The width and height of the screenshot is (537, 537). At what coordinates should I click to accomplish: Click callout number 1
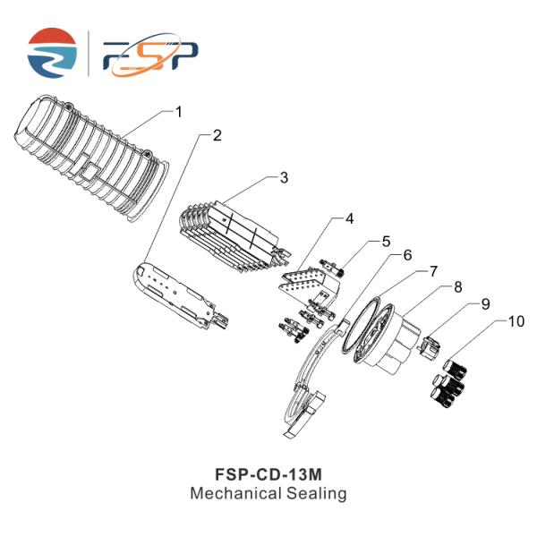(x=179, y=112)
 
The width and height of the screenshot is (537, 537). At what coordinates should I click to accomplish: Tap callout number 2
(x=217, y=136)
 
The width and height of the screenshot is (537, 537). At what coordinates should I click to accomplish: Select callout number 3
(x=284, y=178)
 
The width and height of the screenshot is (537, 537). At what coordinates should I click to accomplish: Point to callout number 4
(x=349, y=218)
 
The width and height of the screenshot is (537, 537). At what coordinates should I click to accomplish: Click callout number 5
(x=386, y=242)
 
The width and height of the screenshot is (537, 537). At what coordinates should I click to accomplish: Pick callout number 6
(x=407, y=255)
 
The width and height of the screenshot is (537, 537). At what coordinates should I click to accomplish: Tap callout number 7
(x=433, y=271)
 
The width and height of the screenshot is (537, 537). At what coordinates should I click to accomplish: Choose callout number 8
(x=458, y=287)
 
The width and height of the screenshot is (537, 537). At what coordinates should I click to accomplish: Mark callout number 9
(x=486, y=304)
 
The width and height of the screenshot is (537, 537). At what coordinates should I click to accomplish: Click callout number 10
(x=516, y=321)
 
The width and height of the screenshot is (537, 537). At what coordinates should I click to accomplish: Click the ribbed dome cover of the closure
(x=90, y=158)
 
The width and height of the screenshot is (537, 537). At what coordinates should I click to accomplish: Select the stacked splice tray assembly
(x=234, y=236)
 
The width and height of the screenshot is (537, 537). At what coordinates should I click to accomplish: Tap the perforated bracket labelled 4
(x=310, y=285)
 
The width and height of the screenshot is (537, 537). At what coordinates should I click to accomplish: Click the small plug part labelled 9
(x=429, y=346)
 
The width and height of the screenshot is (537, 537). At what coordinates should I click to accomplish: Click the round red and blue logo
(x=52, y=53)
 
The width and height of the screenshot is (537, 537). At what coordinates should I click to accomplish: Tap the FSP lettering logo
(x=150, y=55)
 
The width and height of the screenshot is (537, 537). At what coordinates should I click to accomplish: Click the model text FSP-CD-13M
(x=268, y=474)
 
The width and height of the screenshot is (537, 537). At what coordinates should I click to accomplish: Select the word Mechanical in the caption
(x=236, y=493)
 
